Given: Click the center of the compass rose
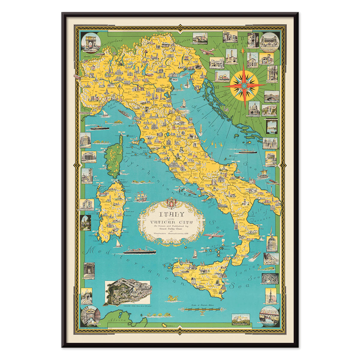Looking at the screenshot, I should point(244,86).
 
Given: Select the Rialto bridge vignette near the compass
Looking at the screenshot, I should point(271,96).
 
